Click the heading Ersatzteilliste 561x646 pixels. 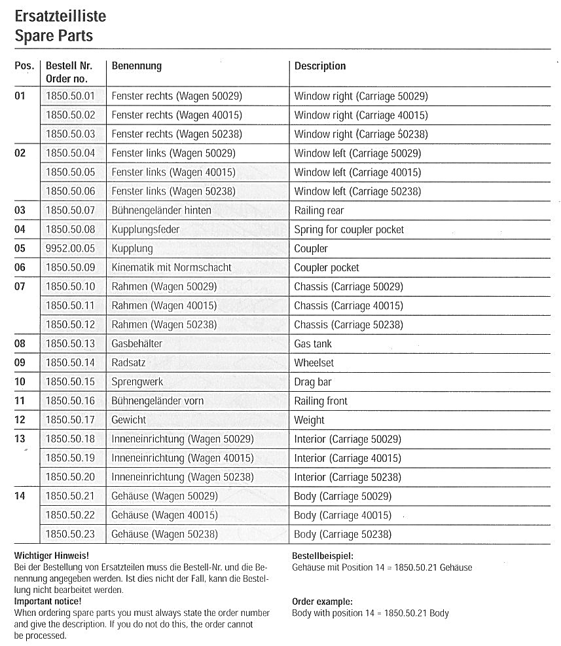point(60,15)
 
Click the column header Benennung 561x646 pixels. point(137,66)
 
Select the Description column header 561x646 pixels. point(320,66)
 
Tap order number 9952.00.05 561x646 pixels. point(70,249)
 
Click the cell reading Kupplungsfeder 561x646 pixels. point(145,230)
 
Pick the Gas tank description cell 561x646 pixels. point(313,344)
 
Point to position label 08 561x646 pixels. point(20,344)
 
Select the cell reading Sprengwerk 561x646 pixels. point(137,382)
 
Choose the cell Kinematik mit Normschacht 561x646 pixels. point(172,268)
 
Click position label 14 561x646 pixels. point(20,497)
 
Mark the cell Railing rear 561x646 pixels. point(319,211)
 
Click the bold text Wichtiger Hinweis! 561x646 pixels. point(51,556)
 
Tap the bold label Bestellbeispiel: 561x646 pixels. point(322,556)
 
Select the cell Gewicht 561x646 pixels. point(129,420)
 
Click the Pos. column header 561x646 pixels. point(24,66)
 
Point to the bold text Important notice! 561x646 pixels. point(48,601)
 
